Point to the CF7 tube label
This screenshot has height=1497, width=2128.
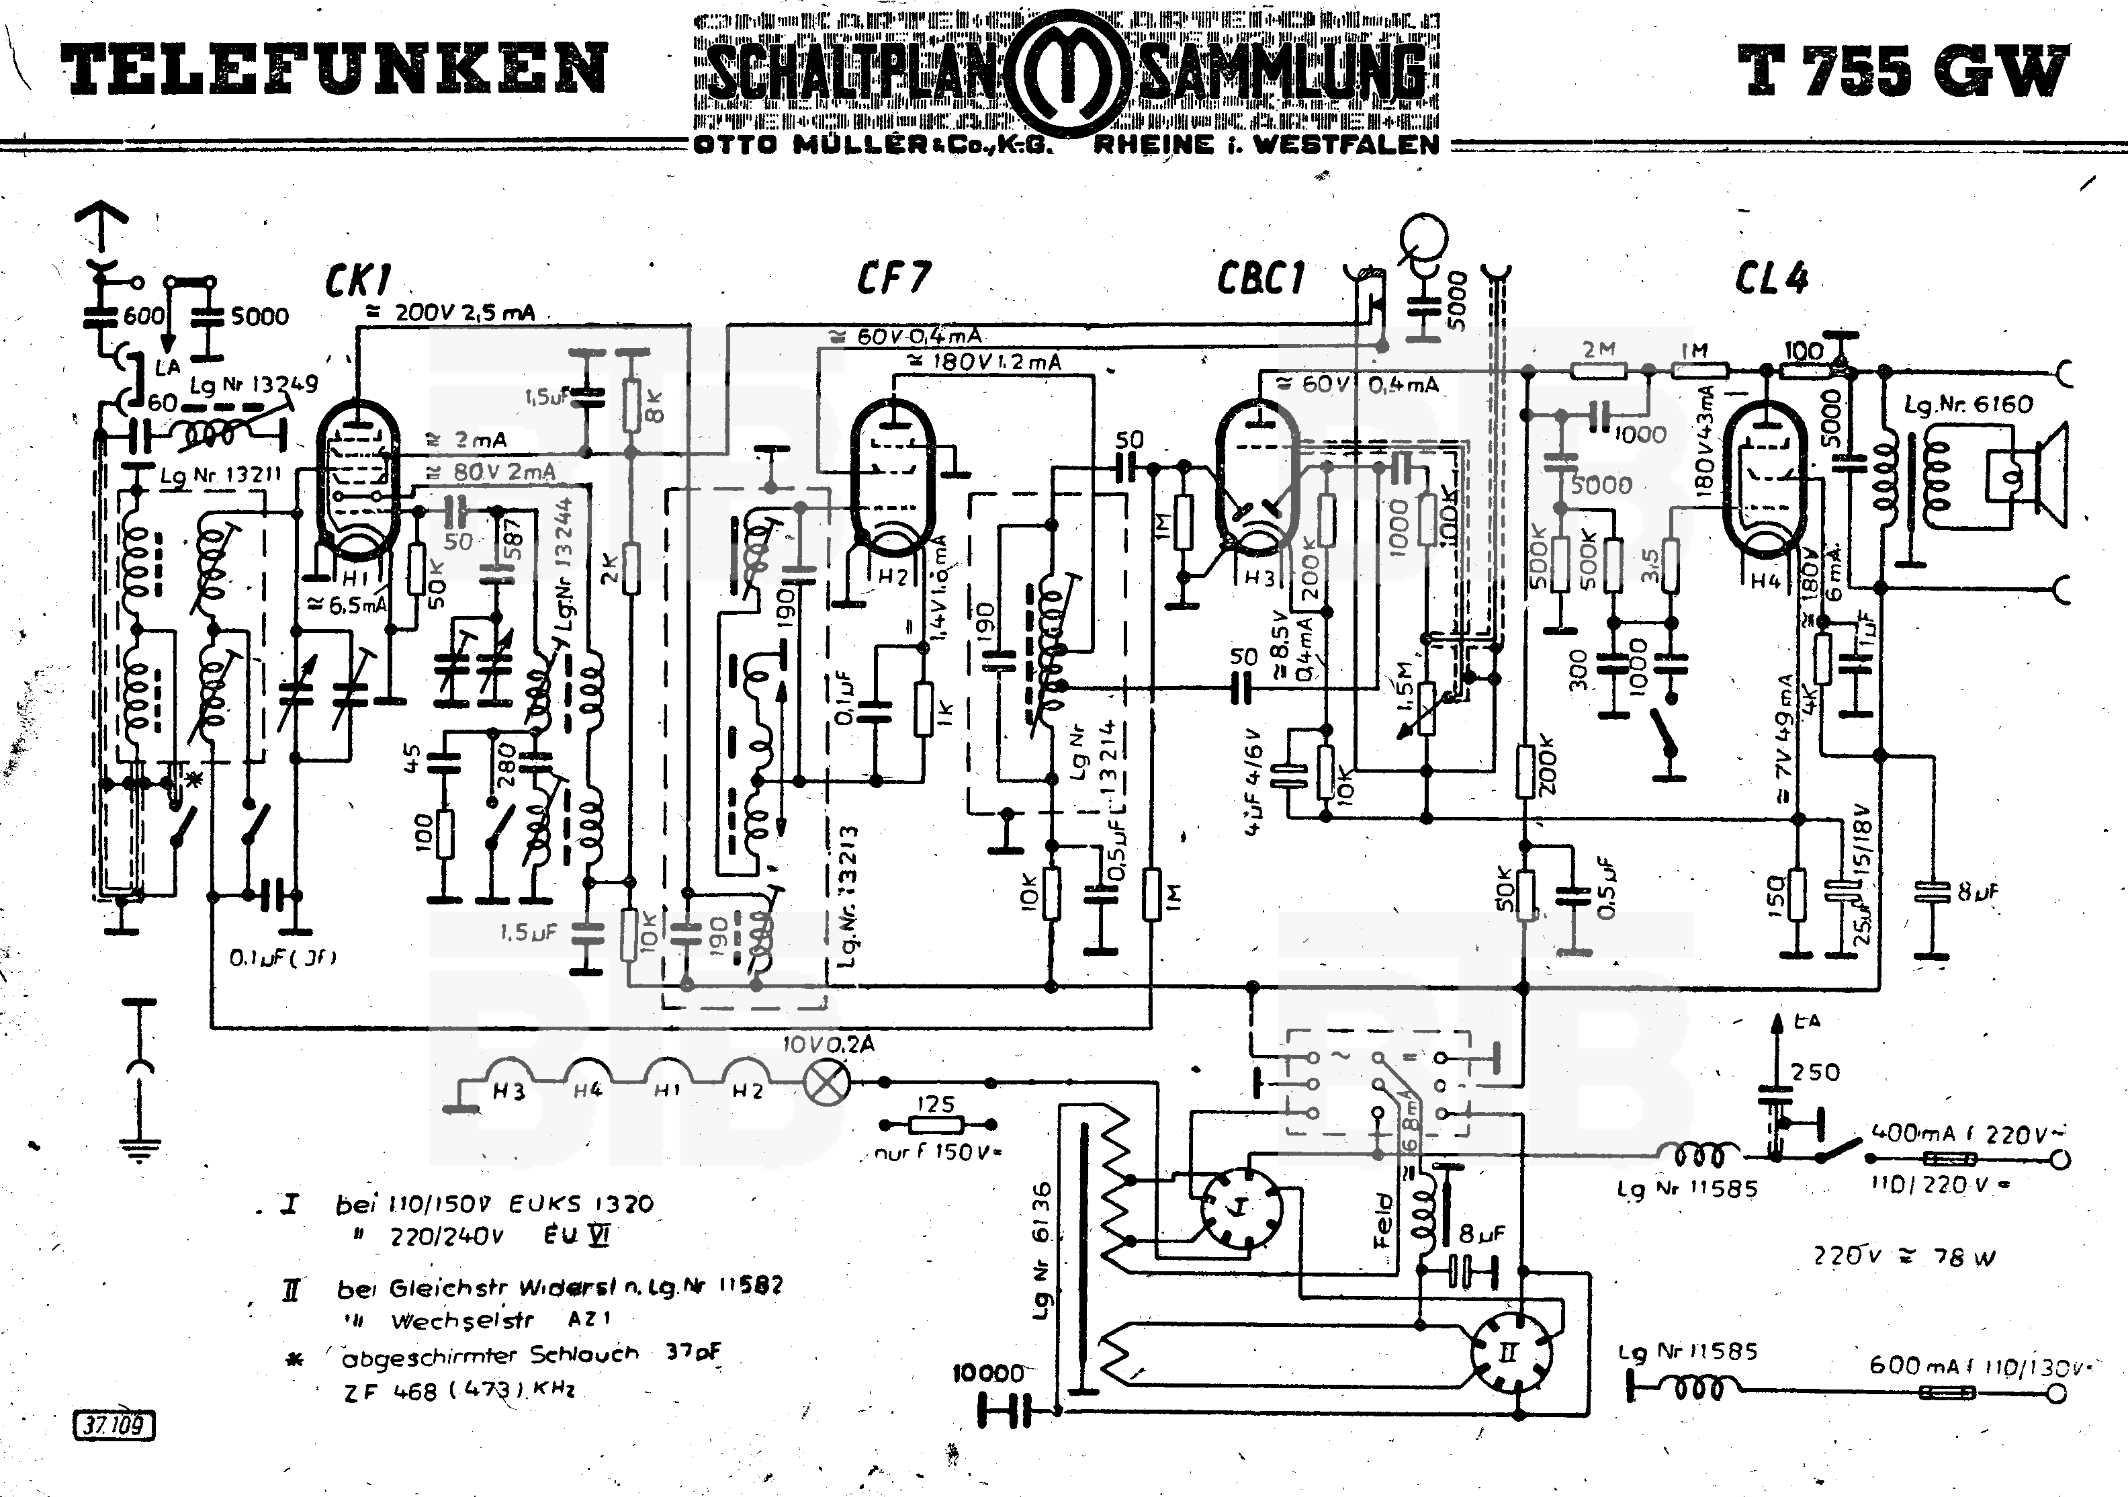(x=893, y=276)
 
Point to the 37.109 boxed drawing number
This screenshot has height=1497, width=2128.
(x=113, y=1424)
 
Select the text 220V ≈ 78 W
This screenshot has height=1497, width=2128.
(x=1904, y=1257)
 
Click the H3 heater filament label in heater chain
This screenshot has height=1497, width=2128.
(x=508, y=1091)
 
